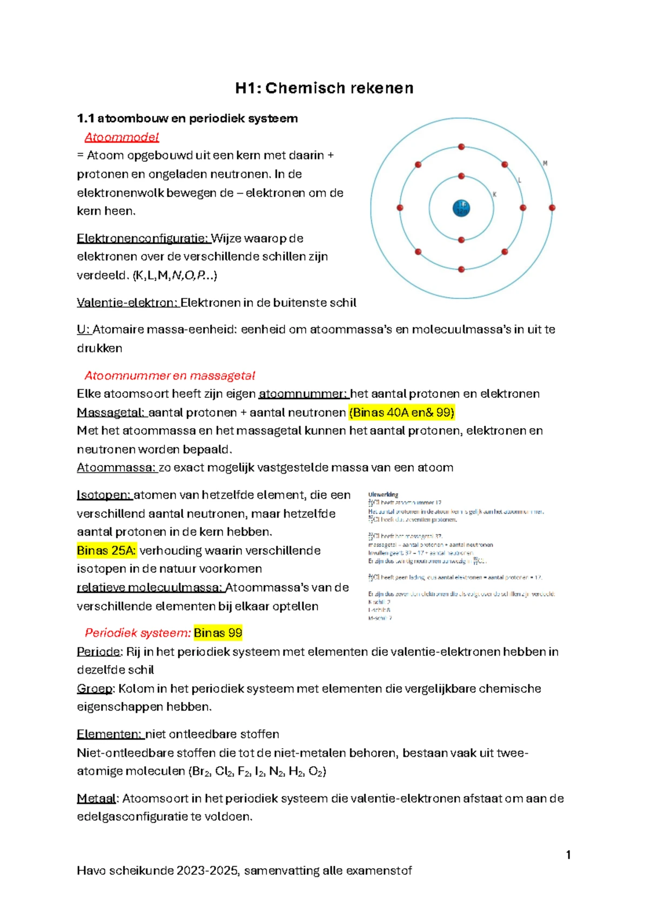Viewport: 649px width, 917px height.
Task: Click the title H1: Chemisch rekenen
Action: [x=324, y=88]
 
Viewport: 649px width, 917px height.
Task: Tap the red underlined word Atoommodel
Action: [x=122, y=137]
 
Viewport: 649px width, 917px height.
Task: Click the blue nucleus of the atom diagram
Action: [x=461, y=208]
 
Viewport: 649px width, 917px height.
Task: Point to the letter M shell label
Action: [x=545, y=163]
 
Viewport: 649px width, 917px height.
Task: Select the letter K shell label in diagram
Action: [x=494, y=194]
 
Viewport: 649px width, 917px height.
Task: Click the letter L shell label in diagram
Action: [x=520, y=180]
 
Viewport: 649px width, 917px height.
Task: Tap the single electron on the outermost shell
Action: [x=552, y=208]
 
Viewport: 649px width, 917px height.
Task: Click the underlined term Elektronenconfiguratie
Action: [x=143, y=238]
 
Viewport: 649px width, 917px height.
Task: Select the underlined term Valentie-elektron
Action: [x=127, y=303]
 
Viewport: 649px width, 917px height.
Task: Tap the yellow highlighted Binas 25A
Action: [x=106, y=550]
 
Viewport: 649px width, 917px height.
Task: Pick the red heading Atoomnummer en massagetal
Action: [x=169, y=376]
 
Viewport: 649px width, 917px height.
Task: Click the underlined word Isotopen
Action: [x=104, y=495]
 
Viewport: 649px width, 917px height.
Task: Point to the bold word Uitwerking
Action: [x=383, y=494]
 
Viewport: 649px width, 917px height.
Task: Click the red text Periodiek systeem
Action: [x=137, y=633]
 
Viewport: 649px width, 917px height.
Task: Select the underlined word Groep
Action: [x=95, y=688]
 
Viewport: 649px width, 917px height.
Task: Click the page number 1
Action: [x=568, y=855]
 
